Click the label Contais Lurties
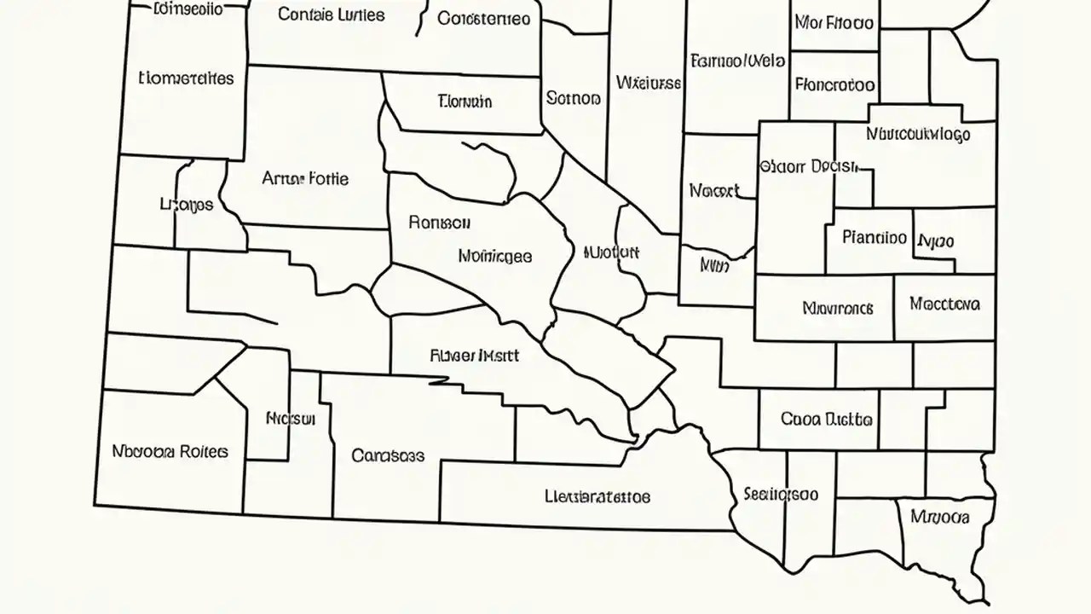click(332, 15)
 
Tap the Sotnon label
click(574, 99)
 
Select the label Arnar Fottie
click(305, 179)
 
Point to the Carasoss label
click(388, 455)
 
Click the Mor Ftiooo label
click(834, 23)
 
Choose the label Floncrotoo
click(834, 84)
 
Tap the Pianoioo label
click(875, 237)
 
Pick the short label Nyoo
click(936, 241)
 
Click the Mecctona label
click(944, 304)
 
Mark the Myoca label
click(939, 516)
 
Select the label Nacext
click(714, 191)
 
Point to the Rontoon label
click(439, 223)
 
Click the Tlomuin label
click(465, 101)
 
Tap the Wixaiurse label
click(648, 83)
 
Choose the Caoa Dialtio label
click(826, 420)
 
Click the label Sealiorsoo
click(781, 494)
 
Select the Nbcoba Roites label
click(170, 451)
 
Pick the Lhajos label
click(187, 205)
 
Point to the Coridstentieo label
click(483, 18)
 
